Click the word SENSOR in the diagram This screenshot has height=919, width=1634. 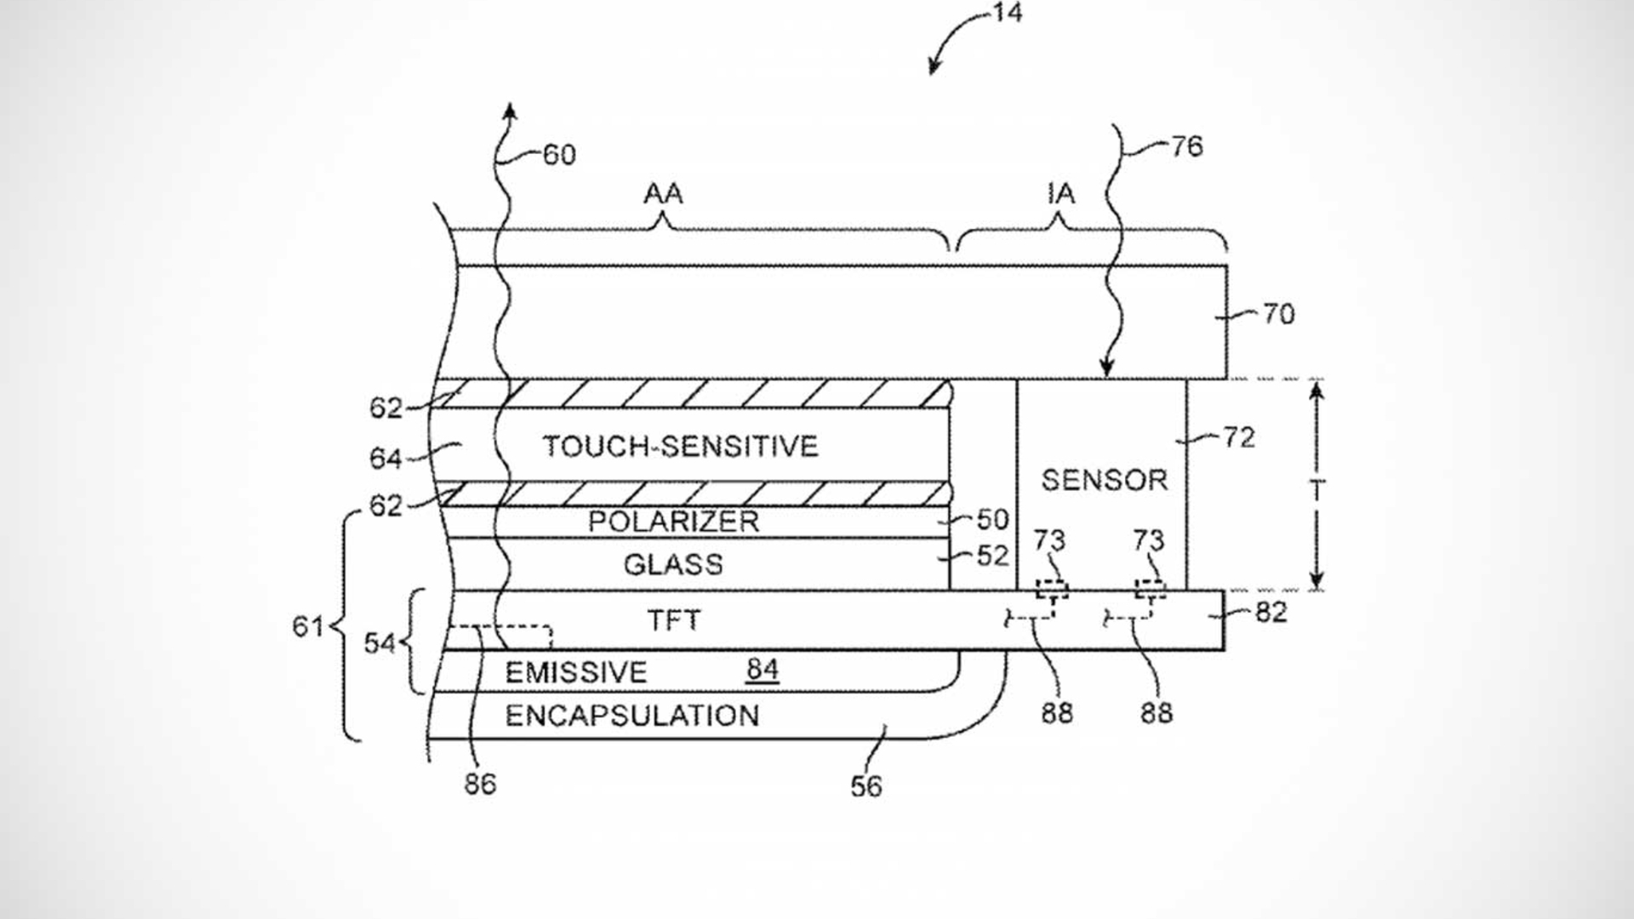tap(1104, 481)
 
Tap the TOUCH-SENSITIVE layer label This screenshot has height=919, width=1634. tap(680, 447)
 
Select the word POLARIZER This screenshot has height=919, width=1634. tap(673, 522)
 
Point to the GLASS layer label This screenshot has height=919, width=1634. tap(673, 564)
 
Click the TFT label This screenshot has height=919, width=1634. tap(674, 620)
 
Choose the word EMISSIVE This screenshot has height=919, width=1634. tap(576, 673)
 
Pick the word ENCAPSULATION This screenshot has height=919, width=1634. tap(632, 716)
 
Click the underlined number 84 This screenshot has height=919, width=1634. tap(763, 670)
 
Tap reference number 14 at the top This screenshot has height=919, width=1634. tap(1007, 13)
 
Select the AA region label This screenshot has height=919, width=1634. tap(663, 194)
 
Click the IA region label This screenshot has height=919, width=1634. tap(1060, 194)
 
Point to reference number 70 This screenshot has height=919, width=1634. tap(1278, 315)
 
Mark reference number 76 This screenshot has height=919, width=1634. tap(1186, 147)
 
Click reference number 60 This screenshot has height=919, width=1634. tap(559, 155)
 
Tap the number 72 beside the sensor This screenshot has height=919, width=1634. tap(1239, 437)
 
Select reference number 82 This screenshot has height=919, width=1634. tap(1271, 613)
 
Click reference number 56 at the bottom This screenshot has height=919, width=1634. tap(866, 786)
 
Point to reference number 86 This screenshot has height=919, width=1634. tap(480, 785)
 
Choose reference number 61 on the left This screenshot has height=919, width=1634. tap(307, 627)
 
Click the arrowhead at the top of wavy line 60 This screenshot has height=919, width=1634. tap(509, 111)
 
